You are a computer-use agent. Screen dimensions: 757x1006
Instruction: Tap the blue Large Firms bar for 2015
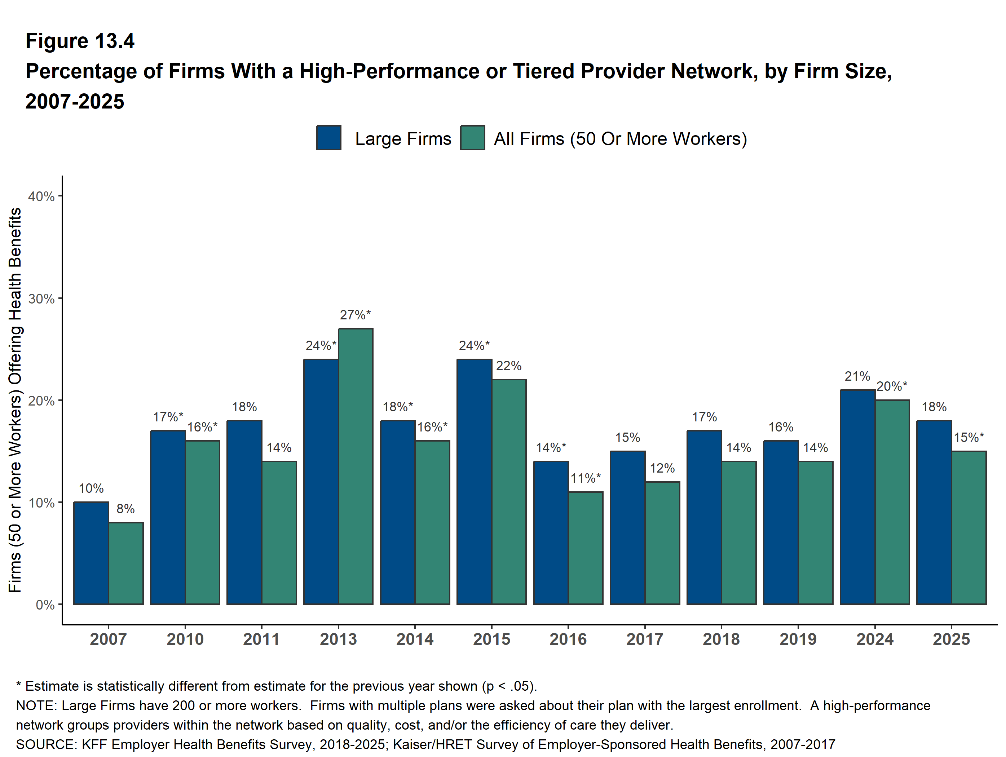(475, 482)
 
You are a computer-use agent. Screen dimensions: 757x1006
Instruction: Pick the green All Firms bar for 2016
(586, 548)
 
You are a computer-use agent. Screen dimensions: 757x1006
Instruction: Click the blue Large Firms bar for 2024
(857, 497)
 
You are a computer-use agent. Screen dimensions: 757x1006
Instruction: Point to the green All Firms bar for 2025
(969, 527)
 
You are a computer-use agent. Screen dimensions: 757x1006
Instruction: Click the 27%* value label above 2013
(355, 315)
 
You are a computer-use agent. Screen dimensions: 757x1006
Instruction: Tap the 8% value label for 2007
(125, 509)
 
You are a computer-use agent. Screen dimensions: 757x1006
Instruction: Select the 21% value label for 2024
(857, 376)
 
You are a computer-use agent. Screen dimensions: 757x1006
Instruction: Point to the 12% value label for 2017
(662, 468)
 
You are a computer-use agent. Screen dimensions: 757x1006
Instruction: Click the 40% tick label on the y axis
(41, 196)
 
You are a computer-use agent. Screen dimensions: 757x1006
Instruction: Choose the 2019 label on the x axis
(798, 639)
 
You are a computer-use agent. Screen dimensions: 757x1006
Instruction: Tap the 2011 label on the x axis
(261, 639)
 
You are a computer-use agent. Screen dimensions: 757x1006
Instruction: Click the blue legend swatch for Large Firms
(329, 138)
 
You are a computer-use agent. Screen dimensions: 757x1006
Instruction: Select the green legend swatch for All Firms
(472, 138)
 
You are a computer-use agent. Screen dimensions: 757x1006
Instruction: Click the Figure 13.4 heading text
(80, 41)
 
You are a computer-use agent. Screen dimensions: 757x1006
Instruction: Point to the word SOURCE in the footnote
(46, 744)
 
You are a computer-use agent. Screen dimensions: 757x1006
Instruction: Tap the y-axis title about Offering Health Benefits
(15, 400)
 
